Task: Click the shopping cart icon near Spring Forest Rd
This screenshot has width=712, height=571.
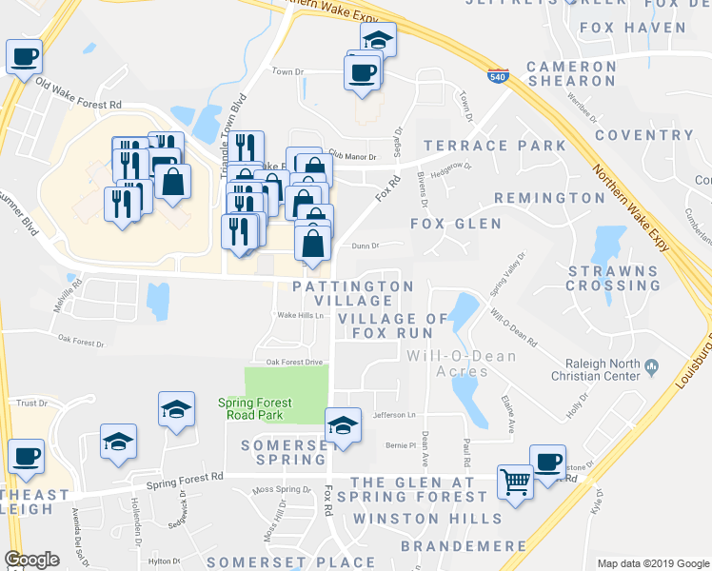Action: coord(515,481)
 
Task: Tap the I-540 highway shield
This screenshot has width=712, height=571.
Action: coord(497,75)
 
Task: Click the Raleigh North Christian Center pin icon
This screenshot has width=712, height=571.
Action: coord(652,365)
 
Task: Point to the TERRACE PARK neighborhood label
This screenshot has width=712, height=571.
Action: coord(495,146)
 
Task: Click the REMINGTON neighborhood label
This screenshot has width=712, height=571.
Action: coord(549,198)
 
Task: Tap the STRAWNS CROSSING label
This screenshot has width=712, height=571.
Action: coord(613,278)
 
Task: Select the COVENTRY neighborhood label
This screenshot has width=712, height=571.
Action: coord(644,134)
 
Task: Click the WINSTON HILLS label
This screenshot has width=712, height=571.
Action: coord(426,519)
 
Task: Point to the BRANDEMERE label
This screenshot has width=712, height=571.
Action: coord(464,546)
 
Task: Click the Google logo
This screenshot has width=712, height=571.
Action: coord(32,560)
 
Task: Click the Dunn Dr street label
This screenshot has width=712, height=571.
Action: coord(366,246)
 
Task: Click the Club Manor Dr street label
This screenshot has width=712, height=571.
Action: coord(352,154)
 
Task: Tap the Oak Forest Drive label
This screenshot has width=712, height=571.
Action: coord(295,362)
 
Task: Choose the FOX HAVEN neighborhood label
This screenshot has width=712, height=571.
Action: coord(632,28)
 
